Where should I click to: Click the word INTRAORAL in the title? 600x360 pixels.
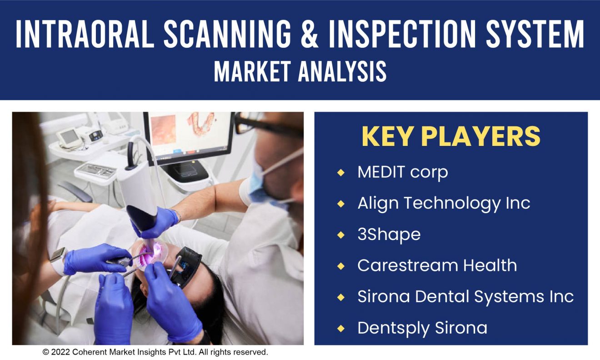tap(85, 34)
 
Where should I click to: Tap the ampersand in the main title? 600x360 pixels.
tap(310, 34)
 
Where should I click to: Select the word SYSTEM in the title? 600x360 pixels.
tap(535, 34)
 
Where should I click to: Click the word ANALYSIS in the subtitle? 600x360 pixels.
tap(342, 71)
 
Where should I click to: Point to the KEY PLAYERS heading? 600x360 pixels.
tap(451, 137)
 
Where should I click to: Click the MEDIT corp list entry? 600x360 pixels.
tap(403, 172)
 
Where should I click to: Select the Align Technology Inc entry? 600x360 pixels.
tap(444, 203)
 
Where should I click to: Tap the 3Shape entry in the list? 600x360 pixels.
tap(389, 235)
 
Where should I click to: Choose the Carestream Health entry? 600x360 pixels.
tap(437, 265)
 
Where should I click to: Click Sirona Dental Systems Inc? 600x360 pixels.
tap(465, 297)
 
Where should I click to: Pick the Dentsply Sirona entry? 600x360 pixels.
tap(422, 328)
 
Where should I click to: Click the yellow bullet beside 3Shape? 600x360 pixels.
tap(341, 235)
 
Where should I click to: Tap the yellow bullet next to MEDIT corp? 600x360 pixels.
tap(341, 173)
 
